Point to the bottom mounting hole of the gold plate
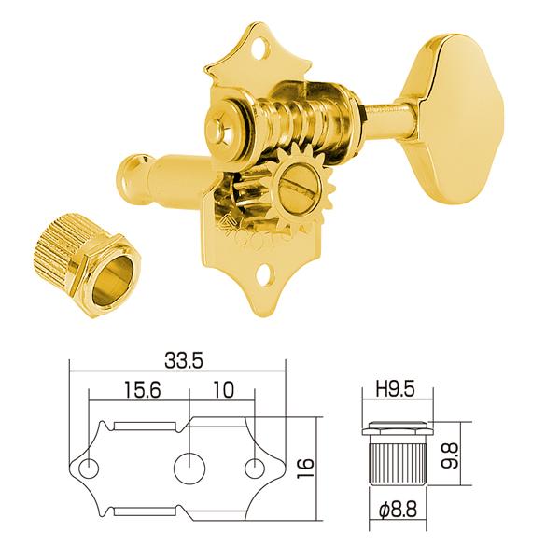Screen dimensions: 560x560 pos(272,274)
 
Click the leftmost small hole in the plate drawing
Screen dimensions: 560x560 pos(89,466)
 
